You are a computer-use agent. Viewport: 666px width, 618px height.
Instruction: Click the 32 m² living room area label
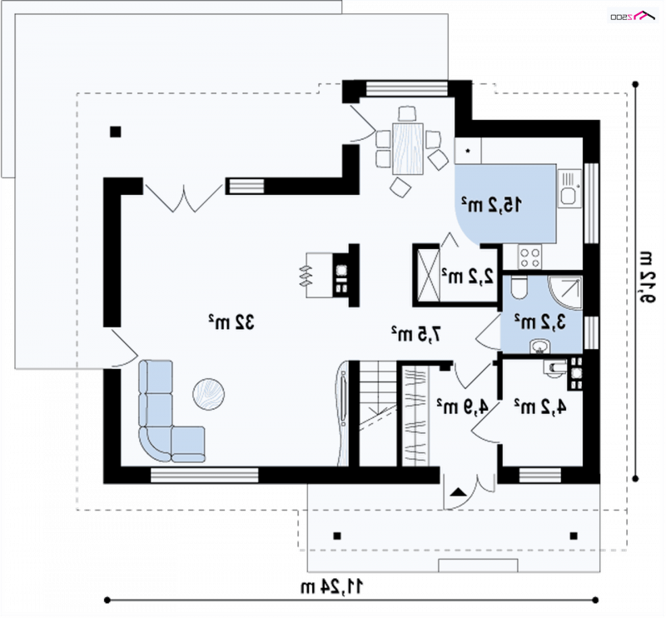click(231, 322)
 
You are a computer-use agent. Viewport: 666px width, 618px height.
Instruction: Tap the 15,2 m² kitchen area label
click(492, 205)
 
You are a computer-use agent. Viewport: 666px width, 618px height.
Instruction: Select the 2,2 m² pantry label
click(468, 277)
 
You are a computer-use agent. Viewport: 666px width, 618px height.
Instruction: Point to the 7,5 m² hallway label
click(416, 334)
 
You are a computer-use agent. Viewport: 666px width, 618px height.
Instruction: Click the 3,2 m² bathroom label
click(540, 321)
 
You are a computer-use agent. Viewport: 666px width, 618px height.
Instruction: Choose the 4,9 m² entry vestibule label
click(463, 406)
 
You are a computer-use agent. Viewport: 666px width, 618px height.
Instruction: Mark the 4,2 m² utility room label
click(540, 406)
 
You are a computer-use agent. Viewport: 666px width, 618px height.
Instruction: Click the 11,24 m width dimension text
click(332, 587)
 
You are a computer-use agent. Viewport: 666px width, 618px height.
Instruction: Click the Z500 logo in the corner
click(634, 16)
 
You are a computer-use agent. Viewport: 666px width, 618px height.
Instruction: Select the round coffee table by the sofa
click(209, 395)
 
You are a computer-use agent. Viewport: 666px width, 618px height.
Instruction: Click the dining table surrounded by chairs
click(408, 148)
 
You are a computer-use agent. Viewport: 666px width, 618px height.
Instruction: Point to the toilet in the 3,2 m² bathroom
click(519, 287)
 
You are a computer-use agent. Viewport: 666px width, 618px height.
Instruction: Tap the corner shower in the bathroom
click(566, 293)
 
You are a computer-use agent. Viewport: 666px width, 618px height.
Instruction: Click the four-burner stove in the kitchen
click(530, 257)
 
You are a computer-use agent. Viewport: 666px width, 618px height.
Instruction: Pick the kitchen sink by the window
click(569, 188)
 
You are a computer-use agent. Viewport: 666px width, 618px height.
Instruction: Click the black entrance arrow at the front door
click(459, 492)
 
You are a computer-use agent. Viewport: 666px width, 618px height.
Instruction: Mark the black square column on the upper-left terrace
click(116, 132)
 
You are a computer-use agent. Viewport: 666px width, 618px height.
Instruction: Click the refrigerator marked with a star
click(468, 151)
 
